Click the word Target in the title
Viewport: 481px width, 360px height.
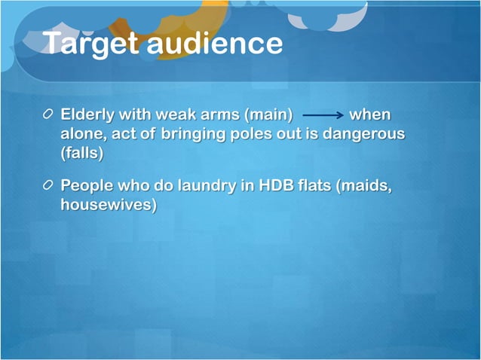click(x=90, y=44)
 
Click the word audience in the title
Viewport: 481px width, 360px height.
click(x=215, y=44)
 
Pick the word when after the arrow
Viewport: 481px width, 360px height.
click(x=370, y=116)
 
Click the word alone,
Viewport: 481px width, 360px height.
click(x=82, y=134)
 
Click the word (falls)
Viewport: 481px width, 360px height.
click(x=81, y=153)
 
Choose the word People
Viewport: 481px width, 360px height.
click(x=86, y=185)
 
